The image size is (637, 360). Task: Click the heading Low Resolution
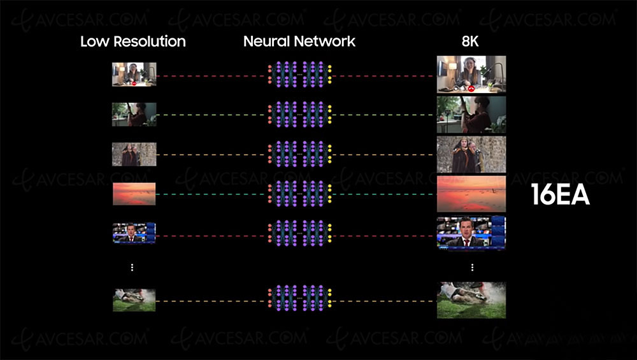point(133,42)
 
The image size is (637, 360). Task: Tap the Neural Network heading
point(299,42)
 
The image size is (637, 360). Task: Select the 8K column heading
point(471,42)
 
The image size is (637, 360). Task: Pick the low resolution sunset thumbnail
point(134,194)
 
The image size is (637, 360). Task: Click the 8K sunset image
point(471,194)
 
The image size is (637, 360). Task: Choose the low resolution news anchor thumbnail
point(134,233)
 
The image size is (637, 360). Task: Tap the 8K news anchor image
point(471,233)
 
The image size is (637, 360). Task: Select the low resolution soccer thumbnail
point(134,300)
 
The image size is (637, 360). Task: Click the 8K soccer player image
point(471,300)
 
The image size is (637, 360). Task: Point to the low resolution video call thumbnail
point(134,75)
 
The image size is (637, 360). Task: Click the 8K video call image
point(471,75)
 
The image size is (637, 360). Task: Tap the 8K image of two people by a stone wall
point(471,154)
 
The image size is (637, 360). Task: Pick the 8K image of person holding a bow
point(471,115)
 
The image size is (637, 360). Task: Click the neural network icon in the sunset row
point(299,194)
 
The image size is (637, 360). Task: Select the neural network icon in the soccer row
point(299,300)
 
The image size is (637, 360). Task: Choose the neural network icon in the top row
point(299,75)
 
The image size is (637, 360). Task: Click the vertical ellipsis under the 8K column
point(472,268)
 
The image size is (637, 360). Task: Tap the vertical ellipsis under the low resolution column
point(132,268)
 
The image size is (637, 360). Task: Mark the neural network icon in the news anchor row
point(299,233)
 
